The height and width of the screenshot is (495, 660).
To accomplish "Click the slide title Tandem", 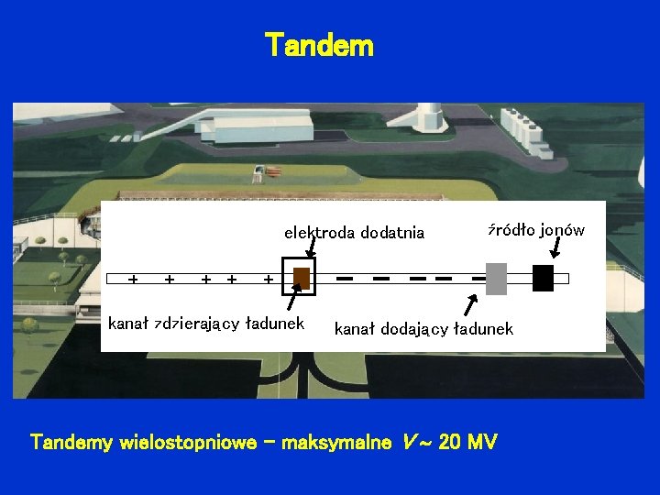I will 319,45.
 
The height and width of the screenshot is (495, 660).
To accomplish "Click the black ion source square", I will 543,278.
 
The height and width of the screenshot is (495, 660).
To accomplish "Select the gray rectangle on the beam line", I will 496,279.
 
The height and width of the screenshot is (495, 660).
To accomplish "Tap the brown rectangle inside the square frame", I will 302,279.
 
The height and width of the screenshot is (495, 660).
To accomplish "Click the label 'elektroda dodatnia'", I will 354,233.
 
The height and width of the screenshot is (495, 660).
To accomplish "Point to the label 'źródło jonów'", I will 535,230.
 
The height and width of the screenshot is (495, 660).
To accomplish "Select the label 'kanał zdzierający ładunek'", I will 206,324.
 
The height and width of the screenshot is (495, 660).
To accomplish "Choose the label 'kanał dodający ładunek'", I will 423,328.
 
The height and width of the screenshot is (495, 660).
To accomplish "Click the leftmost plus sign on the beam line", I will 134,278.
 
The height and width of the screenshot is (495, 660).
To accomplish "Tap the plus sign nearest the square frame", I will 268,278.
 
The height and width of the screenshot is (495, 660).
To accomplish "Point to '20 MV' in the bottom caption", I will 467,443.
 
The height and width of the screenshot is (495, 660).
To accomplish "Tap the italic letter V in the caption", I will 409,443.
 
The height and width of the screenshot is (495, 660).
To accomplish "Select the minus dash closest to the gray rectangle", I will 478,277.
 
